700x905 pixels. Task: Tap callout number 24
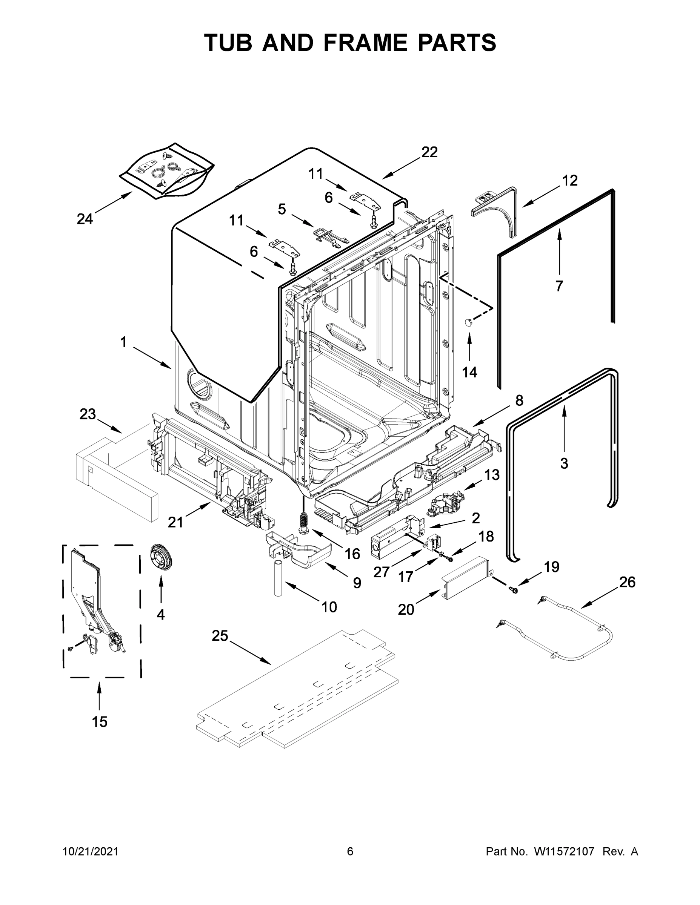85,219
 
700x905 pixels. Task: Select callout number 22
429,152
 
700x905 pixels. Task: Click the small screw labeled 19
513,588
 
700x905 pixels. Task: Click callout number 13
492,474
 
